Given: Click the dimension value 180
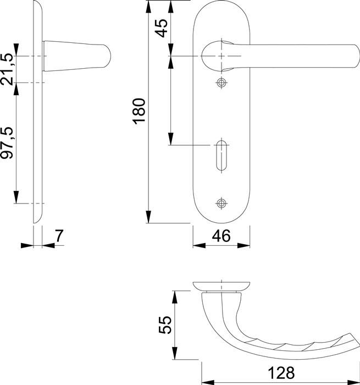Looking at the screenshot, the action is [139, 111].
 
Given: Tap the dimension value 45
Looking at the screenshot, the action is [162, 28].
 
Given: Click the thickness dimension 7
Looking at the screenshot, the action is [59, 236].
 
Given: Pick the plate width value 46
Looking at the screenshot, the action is [221, 236].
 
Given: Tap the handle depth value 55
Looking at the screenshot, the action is [165, 324].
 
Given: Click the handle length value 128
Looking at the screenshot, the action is [281, 373].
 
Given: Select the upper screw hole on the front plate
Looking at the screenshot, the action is [221, 82].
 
